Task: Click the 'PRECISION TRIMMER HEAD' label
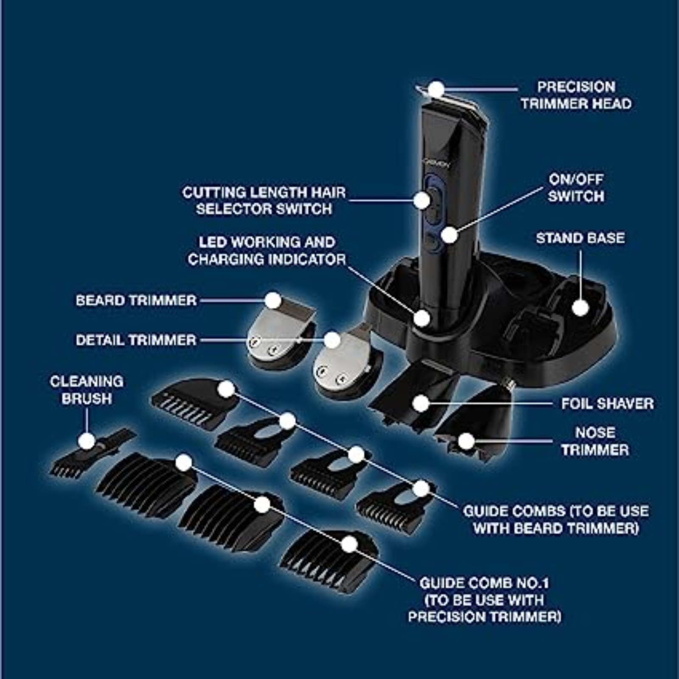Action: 576,95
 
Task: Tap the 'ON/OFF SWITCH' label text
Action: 576,188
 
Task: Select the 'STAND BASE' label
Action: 580,238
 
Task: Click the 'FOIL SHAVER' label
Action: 607,404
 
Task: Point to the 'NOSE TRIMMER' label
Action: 595,441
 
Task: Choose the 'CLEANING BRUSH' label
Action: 87,390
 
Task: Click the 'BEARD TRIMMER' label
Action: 136,300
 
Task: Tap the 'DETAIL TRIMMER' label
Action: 136,340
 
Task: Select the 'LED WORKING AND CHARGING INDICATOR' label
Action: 267,251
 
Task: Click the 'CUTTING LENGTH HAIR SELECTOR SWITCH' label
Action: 264,201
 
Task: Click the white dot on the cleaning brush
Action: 87,441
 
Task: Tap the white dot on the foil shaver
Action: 421,404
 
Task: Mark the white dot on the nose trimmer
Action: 466,441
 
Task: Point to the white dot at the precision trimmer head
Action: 436,90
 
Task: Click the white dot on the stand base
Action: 581,308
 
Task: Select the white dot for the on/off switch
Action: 449,235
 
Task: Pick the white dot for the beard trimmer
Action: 274,300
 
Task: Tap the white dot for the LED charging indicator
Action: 422,318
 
